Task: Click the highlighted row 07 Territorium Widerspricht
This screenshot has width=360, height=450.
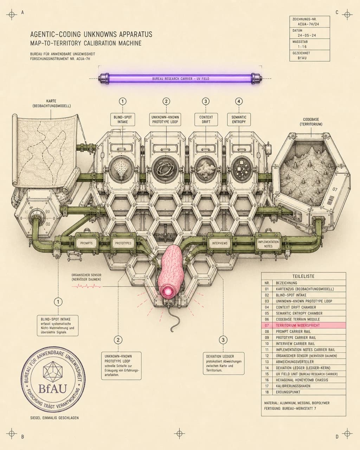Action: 303,326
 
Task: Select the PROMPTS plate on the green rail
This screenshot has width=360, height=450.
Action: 86,243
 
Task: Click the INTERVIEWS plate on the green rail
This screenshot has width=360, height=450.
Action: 220,243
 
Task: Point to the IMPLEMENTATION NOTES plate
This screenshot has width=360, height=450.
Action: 268,244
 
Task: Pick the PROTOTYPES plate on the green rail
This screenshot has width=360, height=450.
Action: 123,243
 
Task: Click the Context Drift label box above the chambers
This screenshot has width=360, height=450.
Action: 206,120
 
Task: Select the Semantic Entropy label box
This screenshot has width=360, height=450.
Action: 239,120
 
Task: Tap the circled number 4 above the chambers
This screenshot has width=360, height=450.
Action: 239,101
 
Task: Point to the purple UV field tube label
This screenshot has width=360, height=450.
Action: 180,79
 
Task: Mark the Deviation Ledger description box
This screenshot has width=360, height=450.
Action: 224,364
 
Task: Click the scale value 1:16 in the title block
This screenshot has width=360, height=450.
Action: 302,47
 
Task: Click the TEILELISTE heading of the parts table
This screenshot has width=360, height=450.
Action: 303,276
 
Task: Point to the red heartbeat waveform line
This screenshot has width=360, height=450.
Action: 86,286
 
